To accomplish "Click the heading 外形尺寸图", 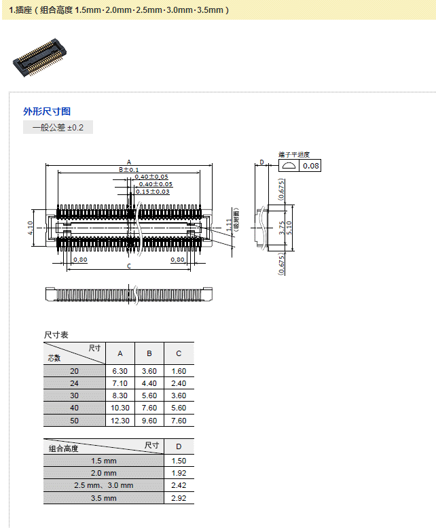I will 47,111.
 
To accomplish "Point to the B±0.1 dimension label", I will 129,169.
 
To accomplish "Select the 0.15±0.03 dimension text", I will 152,192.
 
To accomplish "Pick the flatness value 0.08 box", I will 311,166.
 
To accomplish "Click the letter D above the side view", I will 261,163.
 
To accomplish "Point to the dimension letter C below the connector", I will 129,266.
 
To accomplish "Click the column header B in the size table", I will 149,353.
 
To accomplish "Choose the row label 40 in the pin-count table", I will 74,408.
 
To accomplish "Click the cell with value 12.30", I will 120,421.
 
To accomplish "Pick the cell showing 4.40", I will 149,383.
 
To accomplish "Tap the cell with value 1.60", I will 179,371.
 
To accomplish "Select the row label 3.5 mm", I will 104,498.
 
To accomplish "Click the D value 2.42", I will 179,485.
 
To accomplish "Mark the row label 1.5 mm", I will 104,461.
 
